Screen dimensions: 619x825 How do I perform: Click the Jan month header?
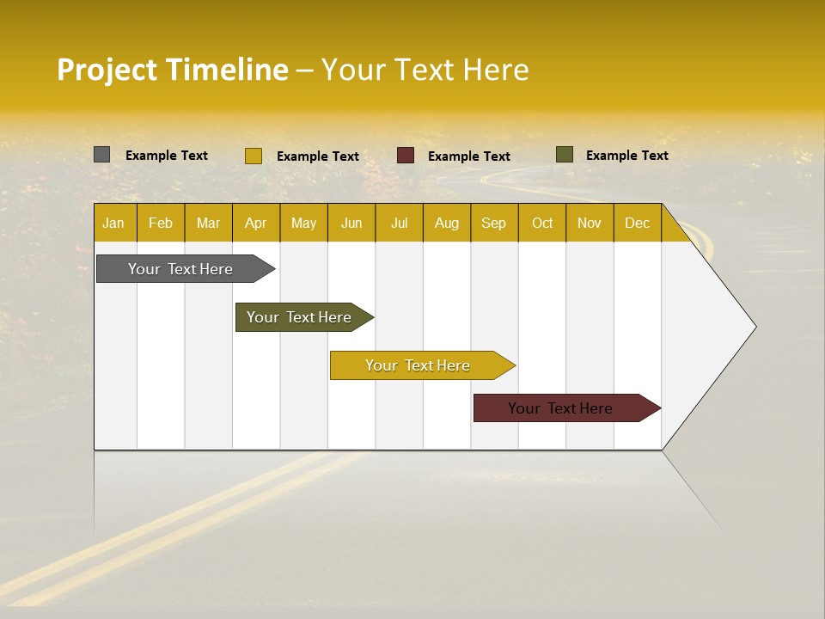(113, 223)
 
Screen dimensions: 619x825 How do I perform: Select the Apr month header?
(255, 223)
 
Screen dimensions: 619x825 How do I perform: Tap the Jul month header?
(399, 223)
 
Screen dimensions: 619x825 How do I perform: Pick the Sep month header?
(493, 223)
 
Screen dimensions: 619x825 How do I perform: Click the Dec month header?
(637, 223)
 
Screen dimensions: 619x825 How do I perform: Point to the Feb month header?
(161, 223)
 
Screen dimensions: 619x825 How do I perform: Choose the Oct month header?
(542, 223)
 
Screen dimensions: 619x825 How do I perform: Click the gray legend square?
(102, 155)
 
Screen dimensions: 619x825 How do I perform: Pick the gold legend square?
(253, 156)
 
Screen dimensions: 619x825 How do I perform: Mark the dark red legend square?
(406, 156)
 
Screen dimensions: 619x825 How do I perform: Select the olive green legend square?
(564, 155)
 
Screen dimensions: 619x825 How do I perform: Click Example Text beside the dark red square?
(468, 156)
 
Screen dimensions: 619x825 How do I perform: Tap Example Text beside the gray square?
(166, 155)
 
